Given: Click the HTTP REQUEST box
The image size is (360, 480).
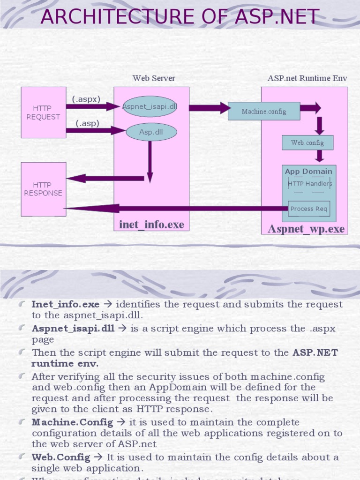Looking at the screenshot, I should coord(43,112).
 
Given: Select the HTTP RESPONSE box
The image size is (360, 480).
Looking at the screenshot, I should coord(43,189).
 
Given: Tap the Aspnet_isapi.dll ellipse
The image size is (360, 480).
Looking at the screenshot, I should coord(150,106).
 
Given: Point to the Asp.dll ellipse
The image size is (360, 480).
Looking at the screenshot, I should coord(151,132).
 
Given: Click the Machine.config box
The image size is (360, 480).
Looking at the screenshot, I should coord(263,112).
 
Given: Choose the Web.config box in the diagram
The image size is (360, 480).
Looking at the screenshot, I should coord(307,142).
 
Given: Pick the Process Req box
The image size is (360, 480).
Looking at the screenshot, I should coord(308,209).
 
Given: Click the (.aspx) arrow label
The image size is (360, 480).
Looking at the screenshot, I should coord(86,99).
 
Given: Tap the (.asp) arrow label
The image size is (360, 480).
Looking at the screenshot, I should coord(88,124).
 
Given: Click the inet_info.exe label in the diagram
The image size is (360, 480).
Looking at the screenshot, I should coord(151,225).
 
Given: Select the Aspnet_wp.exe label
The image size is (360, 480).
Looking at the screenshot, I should coord(306,229).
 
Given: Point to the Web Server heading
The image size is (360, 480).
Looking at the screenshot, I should coord(154,78).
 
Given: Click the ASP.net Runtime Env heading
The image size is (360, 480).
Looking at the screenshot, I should coord(307,78).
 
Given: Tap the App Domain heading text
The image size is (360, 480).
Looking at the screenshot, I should coord(308,172).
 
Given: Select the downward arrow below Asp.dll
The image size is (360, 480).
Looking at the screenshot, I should coord(150,162).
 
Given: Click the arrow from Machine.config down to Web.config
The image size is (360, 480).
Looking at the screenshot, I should coord(320,125).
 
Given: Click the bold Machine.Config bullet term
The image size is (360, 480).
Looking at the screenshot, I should coord(72,422).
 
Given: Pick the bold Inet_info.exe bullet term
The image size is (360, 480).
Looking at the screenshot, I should coord(65,305).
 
